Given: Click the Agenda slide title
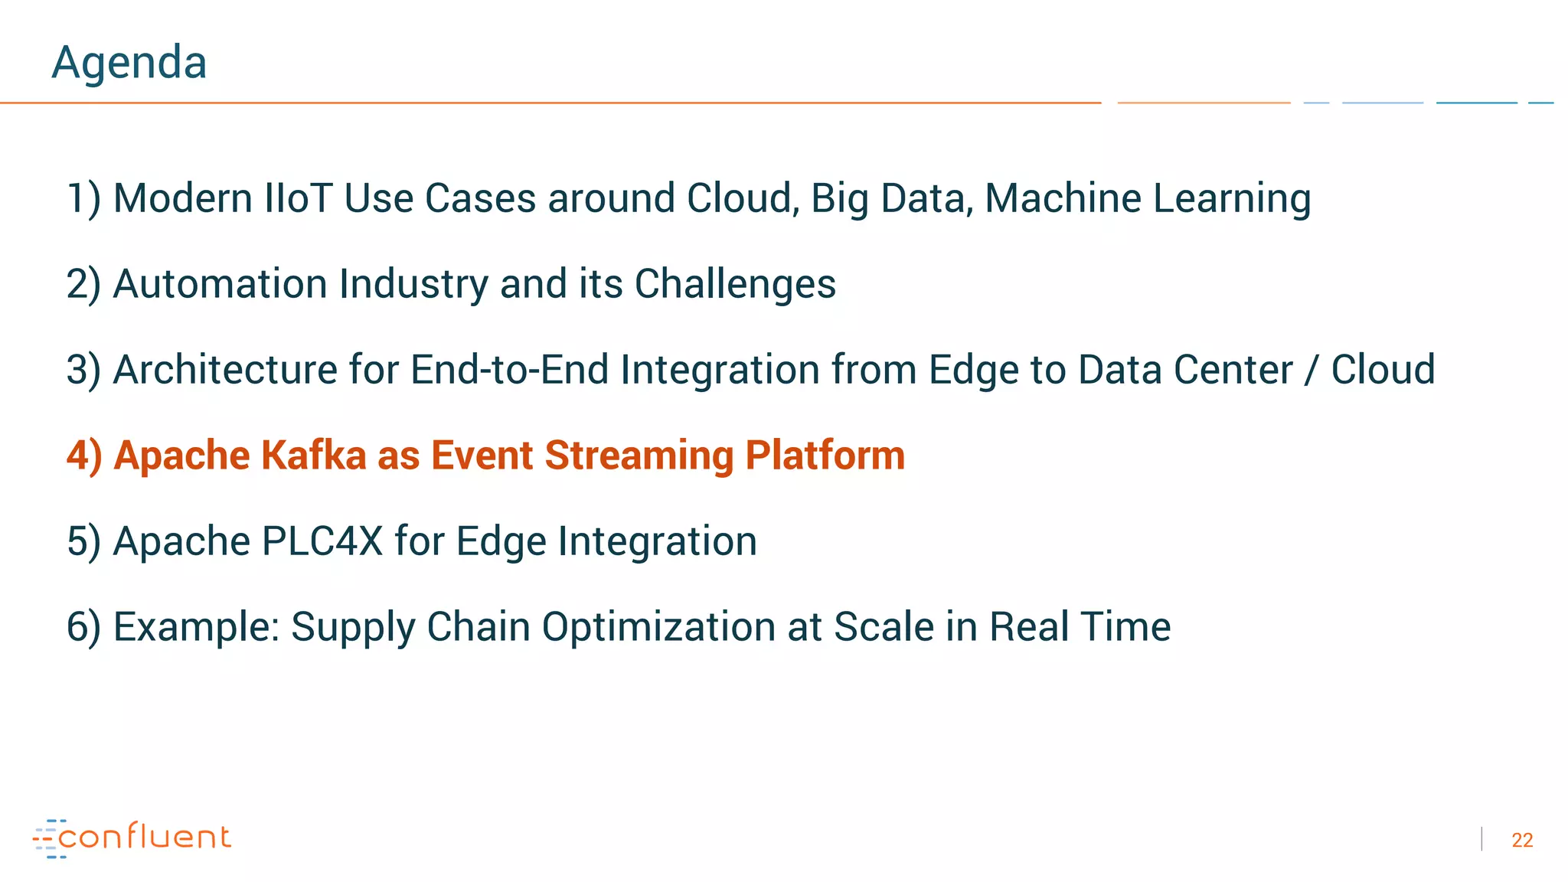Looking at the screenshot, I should point(129,62).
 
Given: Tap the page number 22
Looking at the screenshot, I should point(1521,840).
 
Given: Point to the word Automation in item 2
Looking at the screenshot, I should point(220,284).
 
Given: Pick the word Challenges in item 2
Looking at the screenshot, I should point(735,284).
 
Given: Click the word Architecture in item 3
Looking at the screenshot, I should point(225,370).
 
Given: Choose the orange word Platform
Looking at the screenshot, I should point(825,456).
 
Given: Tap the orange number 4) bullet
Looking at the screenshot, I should point(83,456).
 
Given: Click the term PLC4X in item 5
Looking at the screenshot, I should point(322,541).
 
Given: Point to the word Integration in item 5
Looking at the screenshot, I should point(657,541).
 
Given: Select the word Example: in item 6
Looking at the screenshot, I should point(196,627).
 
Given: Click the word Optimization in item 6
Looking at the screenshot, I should point(658,627).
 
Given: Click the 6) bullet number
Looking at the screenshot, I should point(83,627).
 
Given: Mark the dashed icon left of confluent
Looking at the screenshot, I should point(47,838).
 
